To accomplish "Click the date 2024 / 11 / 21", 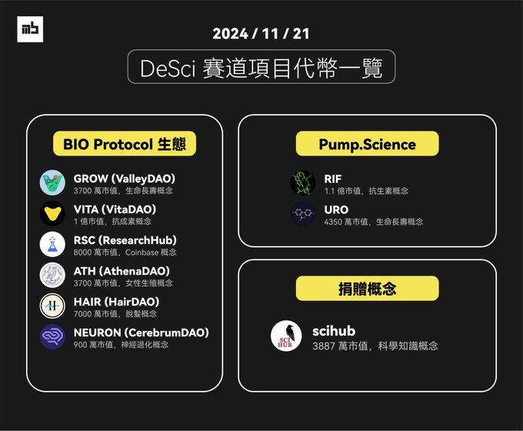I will point(261,34).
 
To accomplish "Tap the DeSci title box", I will point(261,67).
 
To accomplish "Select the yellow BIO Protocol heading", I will point(125,143).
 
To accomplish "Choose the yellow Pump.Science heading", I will point(367,144).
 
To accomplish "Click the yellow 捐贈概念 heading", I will point(367,289).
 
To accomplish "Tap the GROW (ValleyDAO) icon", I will point(53,183).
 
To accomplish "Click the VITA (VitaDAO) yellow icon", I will point(53,213).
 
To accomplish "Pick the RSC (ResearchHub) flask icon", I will point(53,244).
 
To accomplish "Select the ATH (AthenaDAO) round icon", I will point(53,275).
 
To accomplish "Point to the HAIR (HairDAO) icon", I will point(53,306).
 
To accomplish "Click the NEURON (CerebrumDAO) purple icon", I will point(53,337).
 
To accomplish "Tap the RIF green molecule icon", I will point(303,183).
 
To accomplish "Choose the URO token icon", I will point(303,214).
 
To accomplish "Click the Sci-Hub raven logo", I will point(286,336).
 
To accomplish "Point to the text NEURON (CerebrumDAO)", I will point(141,332).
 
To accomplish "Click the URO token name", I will point(336,209).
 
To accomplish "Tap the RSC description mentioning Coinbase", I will point(125,252).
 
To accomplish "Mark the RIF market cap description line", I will point(366,191).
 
